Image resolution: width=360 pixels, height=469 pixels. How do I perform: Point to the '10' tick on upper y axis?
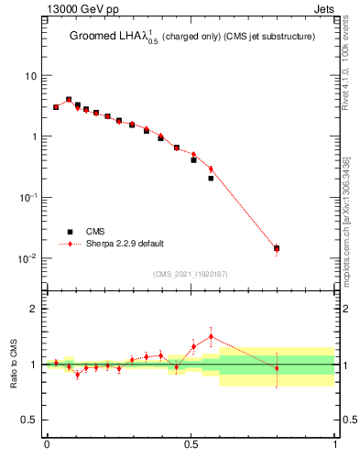tap(31, 76)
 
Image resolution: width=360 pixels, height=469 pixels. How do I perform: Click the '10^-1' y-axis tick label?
tap(27, 198)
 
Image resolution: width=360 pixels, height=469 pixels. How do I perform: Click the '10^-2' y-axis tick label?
tap(27, 258)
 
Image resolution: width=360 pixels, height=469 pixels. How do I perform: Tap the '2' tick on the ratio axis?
tap(34, 309)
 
